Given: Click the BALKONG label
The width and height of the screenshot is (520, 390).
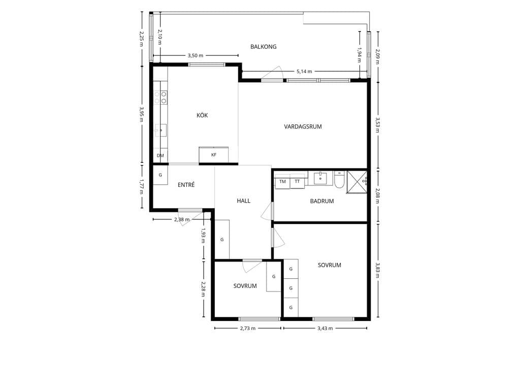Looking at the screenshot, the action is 264,47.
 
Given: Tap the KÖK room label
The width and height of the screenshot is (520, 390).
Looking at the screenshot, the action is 202,115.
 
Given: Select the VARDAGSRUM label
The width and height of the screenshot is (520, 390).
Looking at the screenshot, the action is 303,126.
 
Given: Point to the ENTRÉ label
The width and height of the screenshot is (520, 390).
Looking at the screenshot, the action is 186,185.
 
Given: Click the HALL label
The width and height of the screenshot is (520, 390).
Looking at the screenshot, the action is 243,201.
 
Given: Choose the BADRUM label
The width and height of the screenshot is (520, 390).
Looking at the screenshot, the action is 321,201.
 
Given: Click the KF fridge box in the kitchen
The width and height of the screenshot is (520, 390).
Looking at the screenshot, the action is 214,155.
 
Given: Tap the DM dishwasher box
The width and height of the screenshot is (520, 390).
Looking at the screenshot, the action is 160,155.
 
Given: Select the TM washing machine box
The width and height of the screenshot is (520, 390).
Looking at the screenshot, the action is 282,181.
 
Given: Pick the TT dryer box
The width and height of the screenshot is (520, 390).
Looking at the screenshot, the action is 297,181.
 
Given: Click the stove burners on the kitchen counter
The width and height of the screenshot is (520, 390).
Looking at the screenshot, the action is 160,97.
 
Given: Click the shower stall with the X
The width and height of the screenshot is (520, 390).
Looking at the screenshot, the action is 357,182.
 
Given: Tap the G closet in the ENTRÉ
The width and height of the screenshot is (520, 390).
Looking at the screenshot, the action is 160,175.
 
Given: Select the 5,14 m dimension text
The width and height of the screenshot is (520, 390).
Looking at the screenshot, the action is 304,71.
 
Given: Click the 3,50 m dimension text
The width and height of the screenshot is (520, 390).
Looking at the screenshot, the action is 196,55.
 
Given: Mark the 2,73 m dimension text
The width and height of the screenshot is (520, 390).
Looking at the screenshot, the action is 248,329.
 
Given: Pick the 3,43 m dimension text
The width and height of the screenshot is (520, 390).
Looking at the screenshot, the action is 325,329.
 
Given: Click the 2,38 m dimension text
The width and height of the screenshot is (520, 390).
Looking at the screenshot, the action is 182,219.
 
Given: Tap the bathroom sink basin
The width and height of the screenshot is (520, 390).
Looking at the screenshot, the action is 320,178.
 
